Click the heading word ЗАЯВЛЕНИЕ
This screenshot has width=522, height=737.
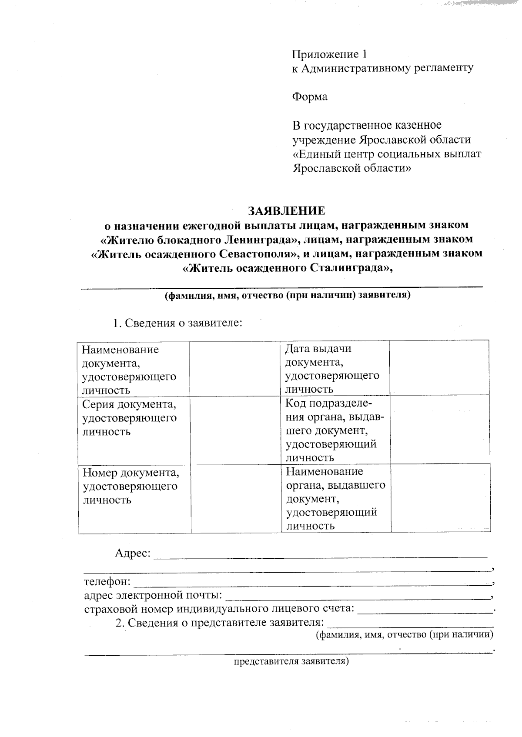point(286,211)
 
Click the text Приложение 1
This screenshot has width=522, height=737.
point(329,54)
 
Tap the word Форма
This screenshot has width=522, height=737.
point(309,97)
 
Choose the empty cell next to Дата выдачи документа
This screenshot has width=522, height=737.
point(440,368)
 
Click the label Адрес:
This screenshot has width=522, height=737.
point(133,553)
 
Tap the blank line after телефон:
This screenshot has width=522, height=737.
point(311,583)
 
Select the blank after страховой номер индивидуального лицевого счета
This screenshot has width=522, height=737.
point(425,610)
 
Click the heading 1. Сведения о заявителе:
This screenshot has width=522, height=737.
point(177,323)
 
